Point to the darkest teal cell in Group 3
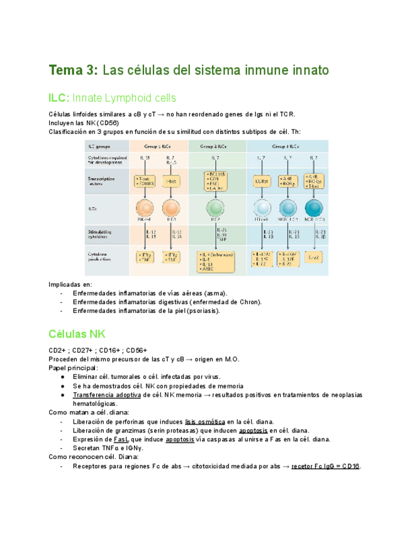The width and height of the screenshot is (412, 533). click(315, 208)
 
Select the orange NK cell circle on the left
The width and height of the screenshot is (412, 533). click(145, 208)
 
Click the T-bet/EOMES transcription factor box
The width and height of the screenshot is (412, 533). click(145, 181)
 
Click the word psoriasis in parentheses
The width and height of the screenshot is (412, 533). click(201, 310)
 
